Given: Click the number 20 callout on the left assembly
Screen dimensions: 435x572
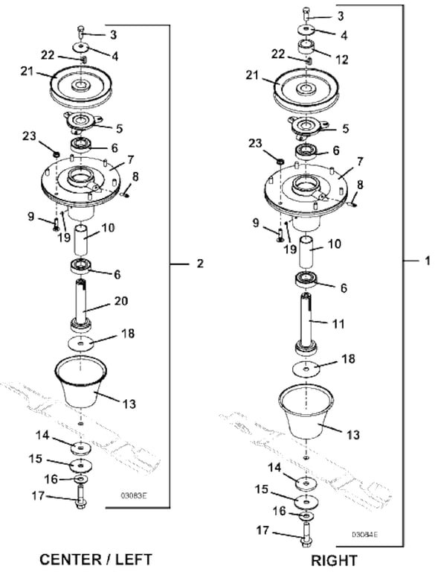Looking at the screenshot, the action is pyautogui.click(x=121, y=302).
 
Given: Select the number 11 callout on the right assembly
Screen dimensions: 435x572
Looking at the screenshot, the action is pyautogui.click(x=338, y=323).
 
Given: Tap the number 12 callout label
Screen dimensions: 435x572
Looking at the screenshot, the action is pyautogui.click(x=341, y=60).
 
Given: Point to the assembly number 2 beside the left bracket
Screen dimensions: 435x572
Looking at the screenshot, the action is pyautogui.click(x=200, y=264).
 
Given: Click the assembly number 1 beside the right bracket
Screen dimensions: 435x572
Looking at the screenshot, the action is pyautogui.click(x=427, y=261).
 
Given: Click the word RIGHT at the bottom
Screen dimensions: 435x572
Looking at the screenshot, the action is pyautogui.click(x=334, y=560).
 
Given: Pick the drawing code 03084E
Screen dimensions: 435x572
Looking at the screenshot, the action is pyautogui.click(x=364, y=535).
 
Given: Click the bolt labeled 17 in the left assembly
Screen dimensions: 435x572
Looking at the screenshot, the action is pyautogui.click(x=80, y=498).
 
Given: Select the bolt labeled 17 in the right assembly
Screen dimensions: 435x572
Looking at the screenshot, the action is pyautogui.click(x=306, y=535).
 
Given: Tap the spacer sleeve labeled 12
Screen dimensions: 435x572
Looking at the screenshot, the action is pyautogui.click(x=306, y=47).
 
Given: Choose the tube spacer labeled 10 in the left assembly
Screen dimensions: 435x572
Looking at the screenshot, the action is pyautogui.click(x=82, y=241).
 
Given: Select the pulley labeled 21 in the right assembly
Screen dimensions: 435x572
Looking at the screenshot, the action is pyautogui.click(x=306, y=89).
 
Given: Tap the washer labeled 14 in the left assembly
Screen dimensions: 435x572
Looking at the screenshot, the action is pyautogui.click(x=80, y=448).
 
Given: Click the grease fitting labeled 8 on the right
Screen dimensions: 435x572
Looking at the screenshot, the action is pyautogui.click(x=352, y=205).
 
